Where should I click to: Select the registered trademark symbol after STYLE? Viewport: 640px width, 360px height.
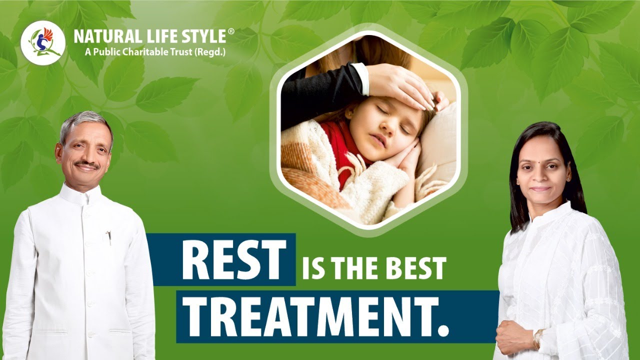230,31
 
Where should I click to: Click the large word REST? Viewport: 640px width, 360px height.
233,260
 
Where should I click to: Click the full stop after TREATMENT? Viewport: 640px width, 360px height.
443,330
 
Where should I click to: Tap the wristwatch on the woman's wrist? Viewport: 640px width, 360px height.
538,339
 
